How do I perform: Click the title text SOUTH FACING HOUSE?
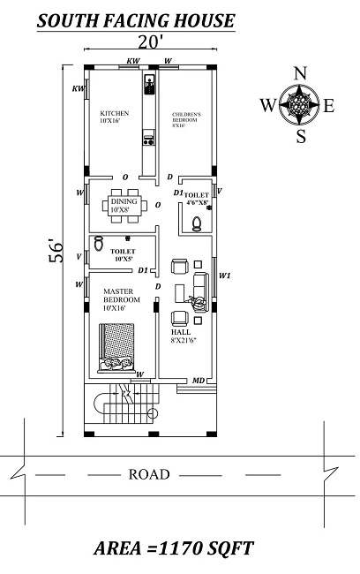[135, 19]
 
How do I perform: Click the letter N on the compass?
[300, 72]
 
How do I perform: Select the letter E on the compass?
[329, 106]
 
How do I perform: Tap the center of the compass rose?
[300, 105]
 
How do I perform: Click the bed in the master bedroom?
[116, 347]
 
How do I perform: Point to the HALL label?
[179, 334]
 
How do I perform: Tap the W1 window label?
[224, 275]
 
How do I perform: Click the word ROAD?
[149, 475]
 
